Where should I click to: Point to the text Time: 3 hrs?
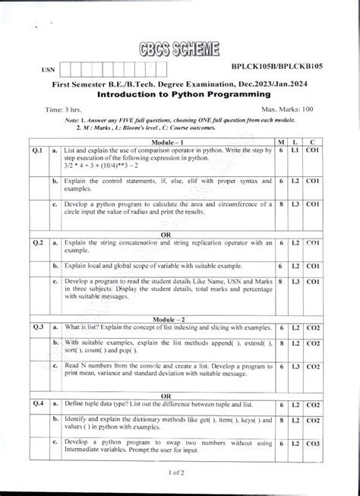(x=65, y=110)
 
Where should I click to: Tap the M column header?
(x=281, y=142)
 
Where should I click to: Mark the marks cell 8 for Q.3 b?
(x=281, y=344)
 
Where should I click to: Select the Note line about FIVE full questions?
(x=179, y=122)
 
